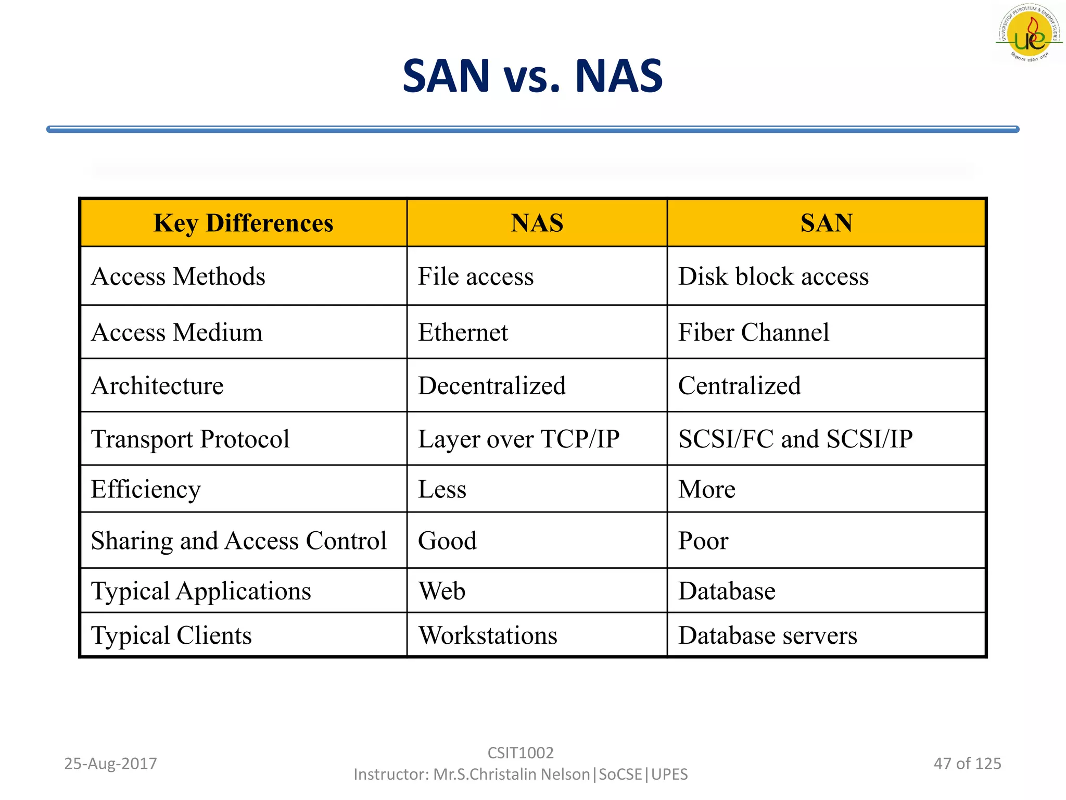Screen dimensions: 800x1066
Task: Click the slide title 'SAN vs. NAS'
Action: point(532,77)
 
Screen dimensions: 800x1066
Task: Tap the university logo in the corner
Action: point(1029,33)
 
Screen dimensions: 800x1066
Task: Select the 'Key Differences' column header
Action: point(243,223)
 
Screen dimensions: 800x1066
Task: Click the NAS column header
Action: point(537,223)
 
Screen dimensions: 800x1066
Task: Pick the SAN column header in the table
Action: point(826,223)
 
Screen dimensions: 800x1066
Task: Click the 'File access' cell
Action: point(476,277)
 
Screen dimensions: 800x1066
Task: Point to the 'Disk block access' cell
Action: point(773,277)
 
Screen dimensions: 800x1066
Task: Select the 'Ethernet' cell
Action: point(463,332)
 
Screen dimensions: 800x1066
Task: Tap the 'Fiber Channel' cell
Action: point(753,332)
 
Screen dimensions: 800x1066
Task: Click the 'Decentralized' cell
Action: point(491,386)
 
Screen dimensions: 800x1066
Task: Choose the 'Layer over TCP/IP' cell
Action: point(518,439)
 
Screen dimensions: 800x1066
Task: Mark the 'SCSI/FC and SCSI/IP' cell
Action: point(795,439)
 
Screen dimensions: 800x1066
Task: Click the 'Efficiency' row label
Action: point(146,490)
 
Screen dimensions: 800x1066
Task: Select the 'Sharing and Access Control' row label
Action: point(239,541)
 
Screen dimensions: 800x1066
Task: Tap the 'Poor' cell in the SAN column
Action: point(703,541)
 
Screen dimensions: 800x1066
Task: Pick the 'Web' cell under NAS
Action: point(442,591)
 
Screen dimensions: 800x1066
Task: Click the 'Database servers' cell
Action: point(767,635)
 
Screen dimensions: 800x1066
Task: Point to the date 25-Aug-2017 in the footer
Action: point(110,764)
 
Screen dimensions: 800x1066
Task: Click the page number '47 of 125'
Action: point(967,764)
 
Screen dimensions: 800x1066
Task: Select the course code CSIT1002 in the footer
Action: point(521,753)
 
